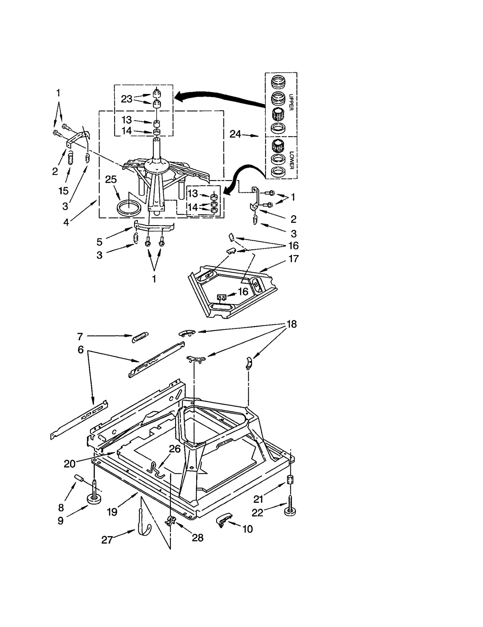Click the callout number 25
coord(111,179)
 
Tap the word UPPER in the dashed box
coord(291,102)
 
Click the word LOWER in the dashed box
coord(291,160)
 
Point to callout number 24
coord(235,134)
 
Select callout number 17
coord(294,259)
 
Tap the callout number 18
coord(291,324)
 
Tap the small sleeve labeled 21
coord(290,480)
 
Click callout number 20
coord(69,464)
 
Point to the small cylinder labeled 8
coord(79,478)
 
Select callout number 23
coord(127,99)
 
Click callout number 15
coord(63,191)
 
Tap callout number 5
coord(99,242)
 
